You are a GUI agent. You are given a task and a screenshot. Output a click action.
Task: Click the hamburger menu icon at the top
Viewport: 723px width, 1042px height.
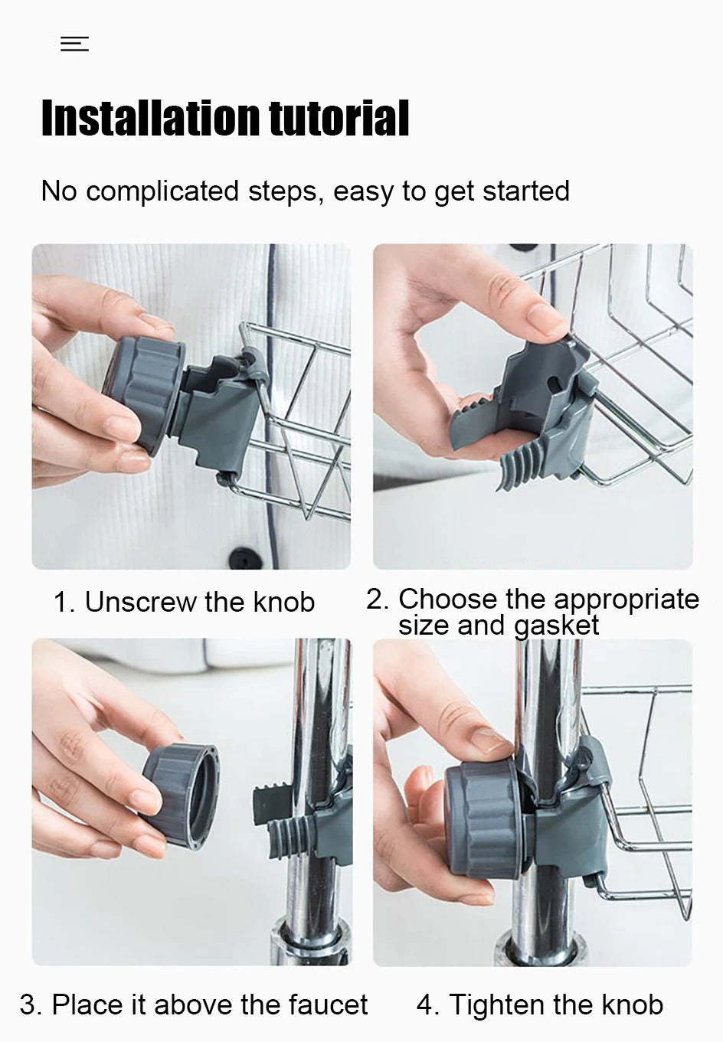(74, 44)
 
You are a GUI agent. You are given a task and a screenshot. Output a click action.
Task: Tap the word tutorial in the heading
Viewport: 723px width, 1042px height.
(339, 119)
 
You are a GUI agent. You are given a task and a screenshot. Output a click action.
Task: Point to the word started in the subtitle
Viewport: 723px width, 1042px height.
(528, 191)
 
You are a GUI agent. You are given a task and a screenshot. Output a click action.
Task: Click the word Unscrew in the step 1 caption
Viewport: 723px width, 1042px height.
(140, 603)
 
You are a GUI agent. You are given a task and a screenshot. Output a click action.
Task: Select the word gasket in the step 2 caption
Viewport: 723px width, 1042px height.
(556, 626)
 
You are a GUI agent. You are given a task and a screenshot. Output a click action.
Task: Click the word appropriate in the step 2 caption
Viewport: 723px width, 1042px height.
(625, 599)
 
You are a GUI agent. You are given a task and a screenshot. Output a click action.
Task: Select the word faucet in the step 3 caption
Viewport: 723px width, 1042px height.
(326, 1004)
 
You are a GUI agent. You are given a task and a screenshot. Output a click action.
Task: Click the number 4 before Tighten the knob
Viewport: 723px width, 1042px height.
(425, 1004)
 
